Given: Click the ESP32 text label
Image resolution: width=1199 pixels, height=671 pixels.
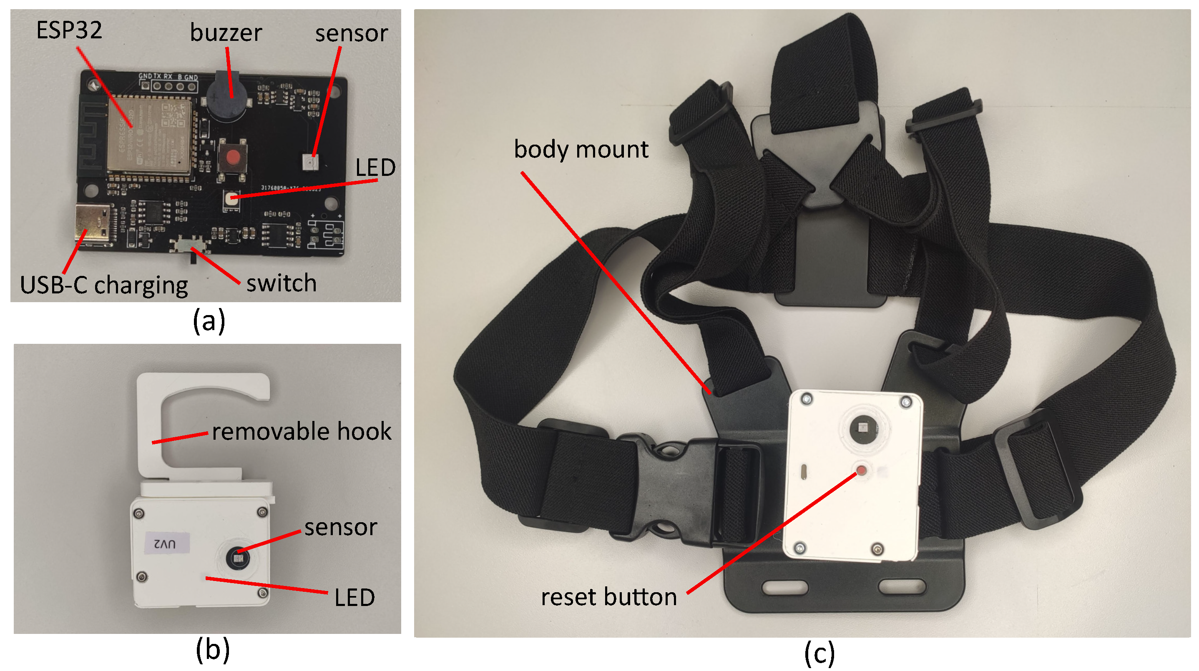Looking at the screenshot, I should pos(69,30).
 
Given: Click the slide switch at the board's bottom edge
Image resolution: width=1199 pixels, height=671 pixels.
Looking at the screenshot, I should pos(190,245).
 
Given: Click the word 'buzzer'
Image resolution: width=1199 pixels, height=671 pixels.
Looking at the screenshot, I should pos(226,33).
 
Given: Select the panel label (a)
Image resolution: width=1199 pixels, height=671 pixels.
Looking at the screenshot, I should pos(209,321).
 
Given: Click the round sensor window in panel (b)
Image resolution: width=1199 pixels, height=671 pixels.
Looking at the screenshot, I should pos(238,557).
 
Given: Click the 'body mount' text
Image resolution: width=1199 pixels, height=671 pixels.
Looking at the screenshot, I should pos(581,150).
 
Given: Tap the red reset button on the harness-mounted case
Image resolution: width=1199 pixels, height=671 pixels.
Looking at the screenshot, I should pos(861,471).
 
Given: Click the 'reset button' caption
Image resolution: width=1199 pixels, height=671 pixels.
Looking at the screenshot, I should pos(608,597).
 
